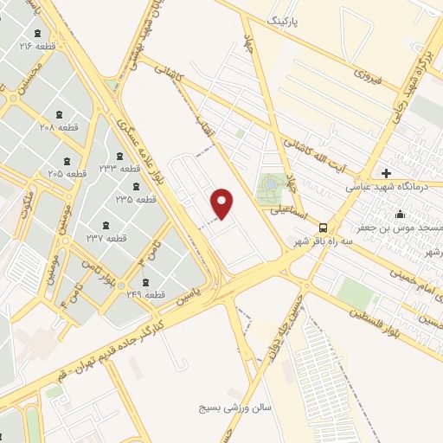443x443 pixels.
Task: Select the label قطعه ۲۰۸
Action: pyautogui.click(x=60, y=127)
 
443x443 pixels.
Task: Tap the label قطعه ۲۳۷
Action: pyautogui.click(x=106, y=237)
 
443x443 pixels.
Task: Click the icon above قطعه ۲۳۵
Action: pyautogui.click(x=134, y=186)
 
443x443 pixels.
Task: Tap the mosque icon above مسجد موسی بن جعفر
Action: pyautogui.click(x=400, y=214)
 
